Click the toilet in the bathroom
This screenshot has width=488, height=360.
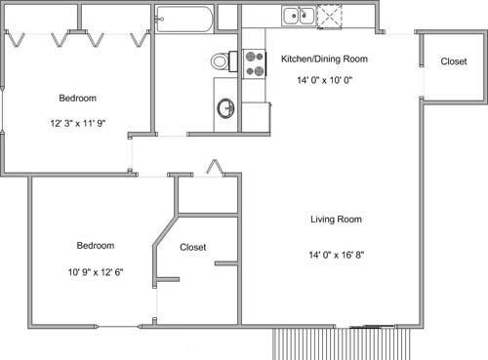coord(224,61)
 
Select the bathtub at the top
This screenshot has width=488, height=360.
coord(184,20)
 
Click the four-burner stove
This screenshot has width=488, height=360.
coord(255,63)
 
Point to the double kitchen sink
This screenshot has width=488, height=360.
coord(299,17)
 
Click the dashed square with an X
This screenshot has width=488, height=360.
coord(329,17)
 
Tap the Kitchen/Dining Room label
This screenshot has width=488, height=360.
coord(324,59)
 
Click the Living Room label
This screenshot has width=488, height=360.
coord(336,220)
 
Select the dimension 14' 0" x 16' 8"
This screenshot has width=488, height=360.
coord(337,255)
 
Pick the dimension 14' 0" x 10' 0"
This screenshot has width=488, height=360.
coord(325,80)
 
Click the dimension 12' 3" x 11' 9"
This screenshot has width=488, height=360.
coord(78,123)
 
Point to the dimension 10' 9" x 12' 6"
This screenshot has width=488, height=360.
coord(96,272)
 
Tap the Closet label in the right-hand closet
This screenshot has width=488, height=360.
coord(454,61)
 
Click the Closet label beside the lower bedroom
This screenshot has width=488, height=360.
coord(193,247)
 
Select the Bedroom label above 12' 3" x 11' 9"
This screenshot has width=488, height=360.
coord(78,98)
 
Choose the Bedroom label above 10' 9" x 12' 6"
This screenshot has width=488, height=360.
coord(96,245)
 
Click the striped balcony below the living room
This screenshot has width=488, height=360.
coord(341,343)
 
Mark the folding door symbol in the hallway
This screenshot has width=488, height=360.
coord(215,168)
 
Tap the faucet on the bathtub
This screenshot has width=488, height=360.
coord(159,20)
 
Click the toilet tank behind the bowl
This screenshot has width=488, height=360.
coord(233,61)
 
